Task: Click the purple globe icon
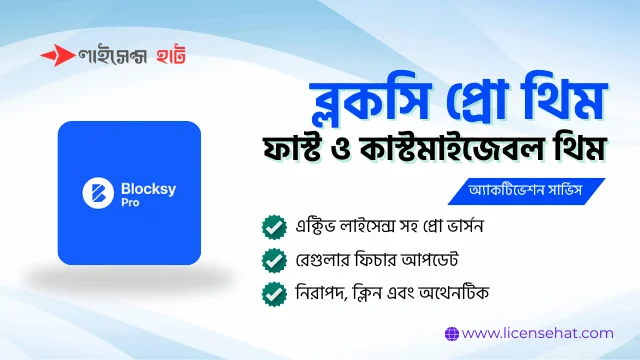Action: (451, 332)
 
